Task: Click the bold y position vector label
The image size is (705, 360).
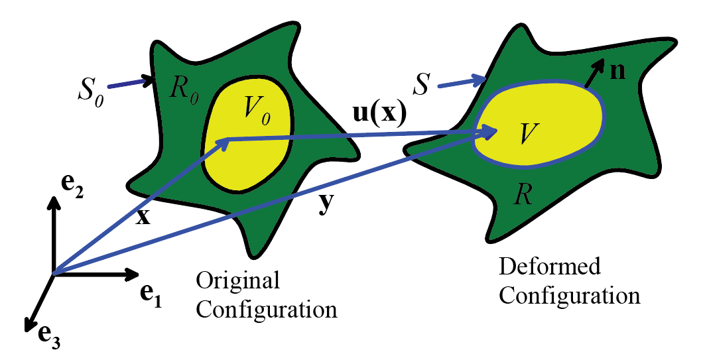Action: pyautogui.click(x=326, y=205)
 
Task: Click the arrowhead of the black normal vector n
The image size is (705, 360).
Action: pyautogui.click(x=599, y=64)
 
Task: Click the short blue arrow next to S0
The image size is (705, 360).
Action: pyautogui.click(x=130, y=83)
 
